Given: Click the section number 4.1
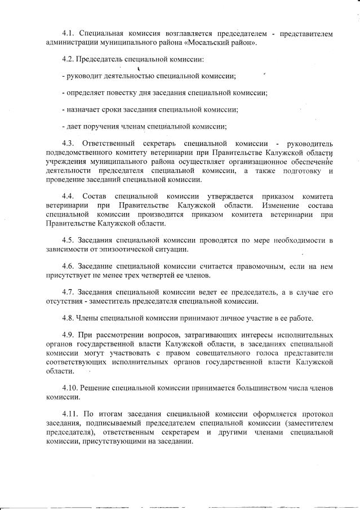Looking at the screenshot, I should click(68, 34).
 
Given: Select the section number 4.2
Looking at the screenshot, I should click(68, 59).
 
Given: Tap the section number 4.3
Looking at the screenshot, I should click(68, 143).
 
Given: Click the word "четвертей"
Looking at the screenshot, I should click(156, 276).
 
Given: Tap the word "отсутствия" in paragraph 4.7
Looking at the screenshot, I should click(65, 301).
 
